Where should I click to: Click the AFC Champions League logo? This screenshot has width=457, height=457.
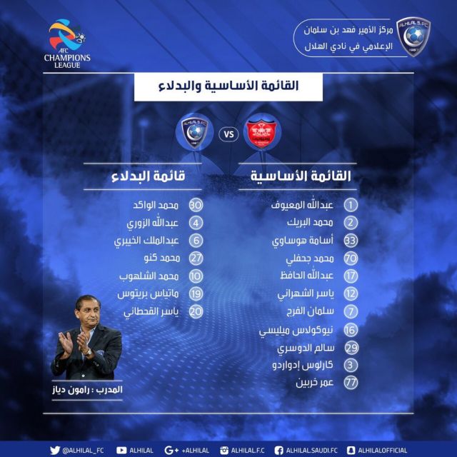[67, 44]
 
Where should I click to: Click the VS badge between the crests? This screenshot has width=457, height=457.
[228, 134]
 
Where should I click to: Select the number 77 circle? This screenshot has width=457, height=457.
[351, 383]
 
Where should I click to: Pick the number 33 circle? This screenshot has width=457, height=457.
[351, 241]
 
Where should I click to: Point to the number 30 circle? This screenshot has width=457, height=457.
[196, 205]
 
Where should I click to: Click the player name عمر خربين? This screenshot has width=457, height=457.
[314, 383]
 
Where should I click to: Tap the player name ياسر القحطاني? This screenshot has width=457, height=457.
[151, 312]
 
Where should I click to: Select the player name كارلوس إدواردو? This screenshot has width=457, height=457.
[303, 365]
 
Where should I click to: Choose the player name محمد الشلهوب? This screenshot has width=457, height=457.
[149, 276]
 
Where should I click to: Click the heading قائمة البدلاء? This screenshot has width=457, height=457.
[148, 176]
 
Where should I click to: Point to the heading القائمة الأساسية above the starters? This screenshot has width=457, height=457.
[301, 176]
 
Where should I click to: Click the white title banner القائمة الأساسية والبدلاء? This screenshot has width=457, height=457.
[228, 86]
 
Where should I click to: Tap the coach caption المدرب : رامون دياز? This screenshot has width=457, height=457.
[87, 390]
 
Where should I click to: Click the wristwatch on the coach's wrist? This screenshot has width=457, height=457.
[89, 352]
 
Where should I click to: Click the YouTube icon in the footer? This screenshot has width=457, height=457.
[121, 451]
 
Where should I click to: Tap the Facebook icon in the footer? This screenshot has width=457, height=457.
[278, 451]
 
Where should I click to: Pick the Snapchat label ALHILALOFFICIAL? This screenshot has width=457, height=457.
[383, 451]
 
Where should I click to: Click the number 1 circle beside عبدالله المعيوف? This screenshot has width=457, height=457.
[351, 205]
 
